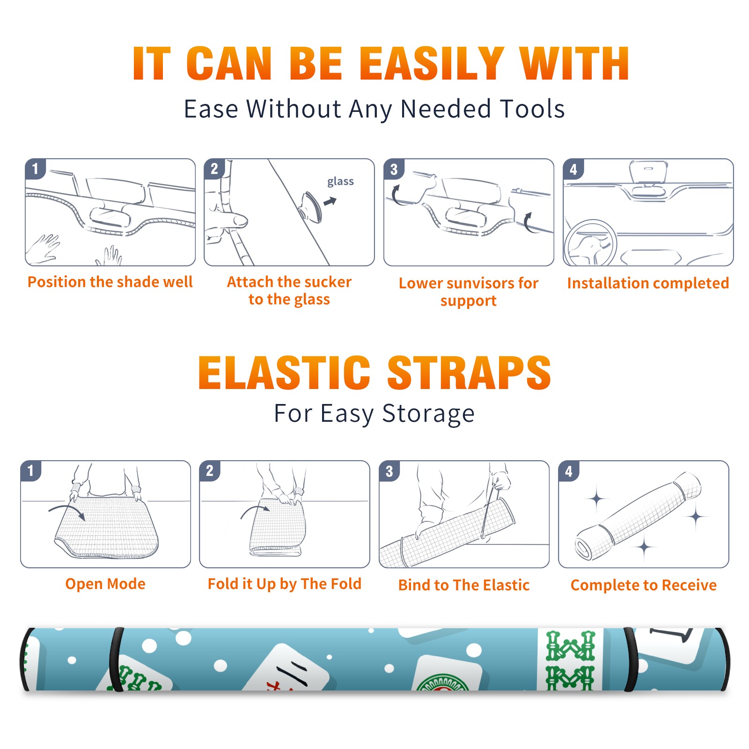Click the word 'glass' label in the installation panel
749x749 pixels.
340,182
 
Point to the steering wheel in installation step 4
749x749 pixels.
591,243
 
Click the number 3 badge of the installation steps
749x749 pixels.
394,169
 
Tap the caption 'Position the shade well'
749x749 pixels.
110,282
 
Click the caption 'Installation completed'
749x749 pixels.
648,283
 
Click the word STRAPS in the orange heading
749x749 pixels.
470,373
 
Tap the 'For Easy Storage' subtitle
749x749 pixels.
374,414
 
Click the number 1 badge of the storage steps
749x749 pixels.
31,471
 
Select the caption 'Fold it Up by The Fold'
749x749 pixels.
285,584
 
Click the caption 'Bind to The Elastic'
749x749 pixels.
464,585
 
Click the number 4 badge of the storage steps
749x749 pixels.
569,471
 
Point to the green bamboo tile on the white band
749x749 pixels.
570,660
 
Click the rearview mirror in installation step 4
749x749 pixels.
648,172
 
